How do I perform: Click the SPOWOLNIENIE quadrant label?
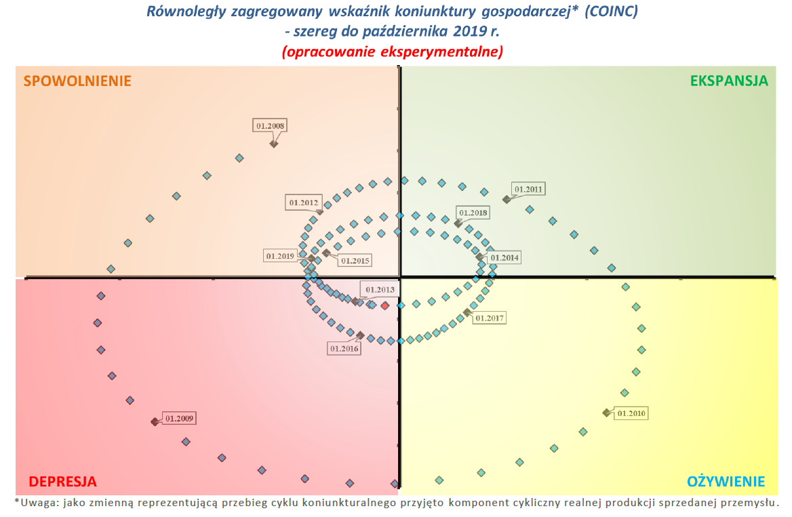(77, 81)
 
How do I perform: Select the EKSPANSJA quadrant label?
(729, 81)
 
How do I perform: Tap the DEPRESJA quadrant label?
(62, 482)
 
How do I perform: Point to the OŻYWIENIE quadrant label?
(726, 482)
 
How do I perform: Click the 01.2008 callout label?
(270, 125)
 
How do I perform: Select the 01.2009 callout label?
(180, 419)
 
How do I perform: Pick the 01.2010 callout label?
(632, 413)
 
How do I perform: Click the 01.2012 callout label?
(304, 202)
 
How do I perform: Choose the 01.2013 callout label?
(380, 289)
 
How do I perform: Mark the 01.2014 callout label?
(504, 257)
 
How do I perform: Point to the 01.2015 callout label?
(355, 260)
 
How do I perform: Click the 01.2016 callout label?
(344, 348)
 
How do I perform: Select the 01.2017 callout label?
(490, 317)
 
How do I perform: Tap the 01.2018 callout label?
(473, 213)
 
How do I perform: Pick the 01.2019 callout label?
(280, 256)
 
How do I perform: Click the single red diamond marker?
(385, 306)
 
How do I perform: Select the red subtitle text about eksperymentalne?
(392, 51)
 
